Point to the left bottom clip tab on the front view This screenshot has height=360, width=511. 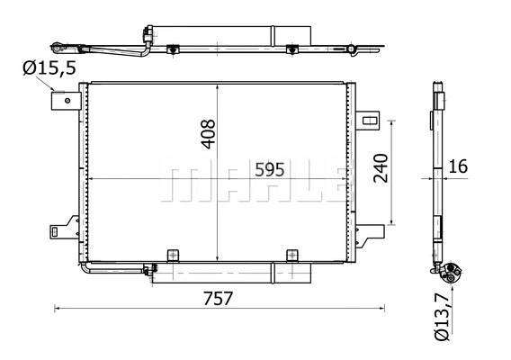(x=174, y=255)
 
